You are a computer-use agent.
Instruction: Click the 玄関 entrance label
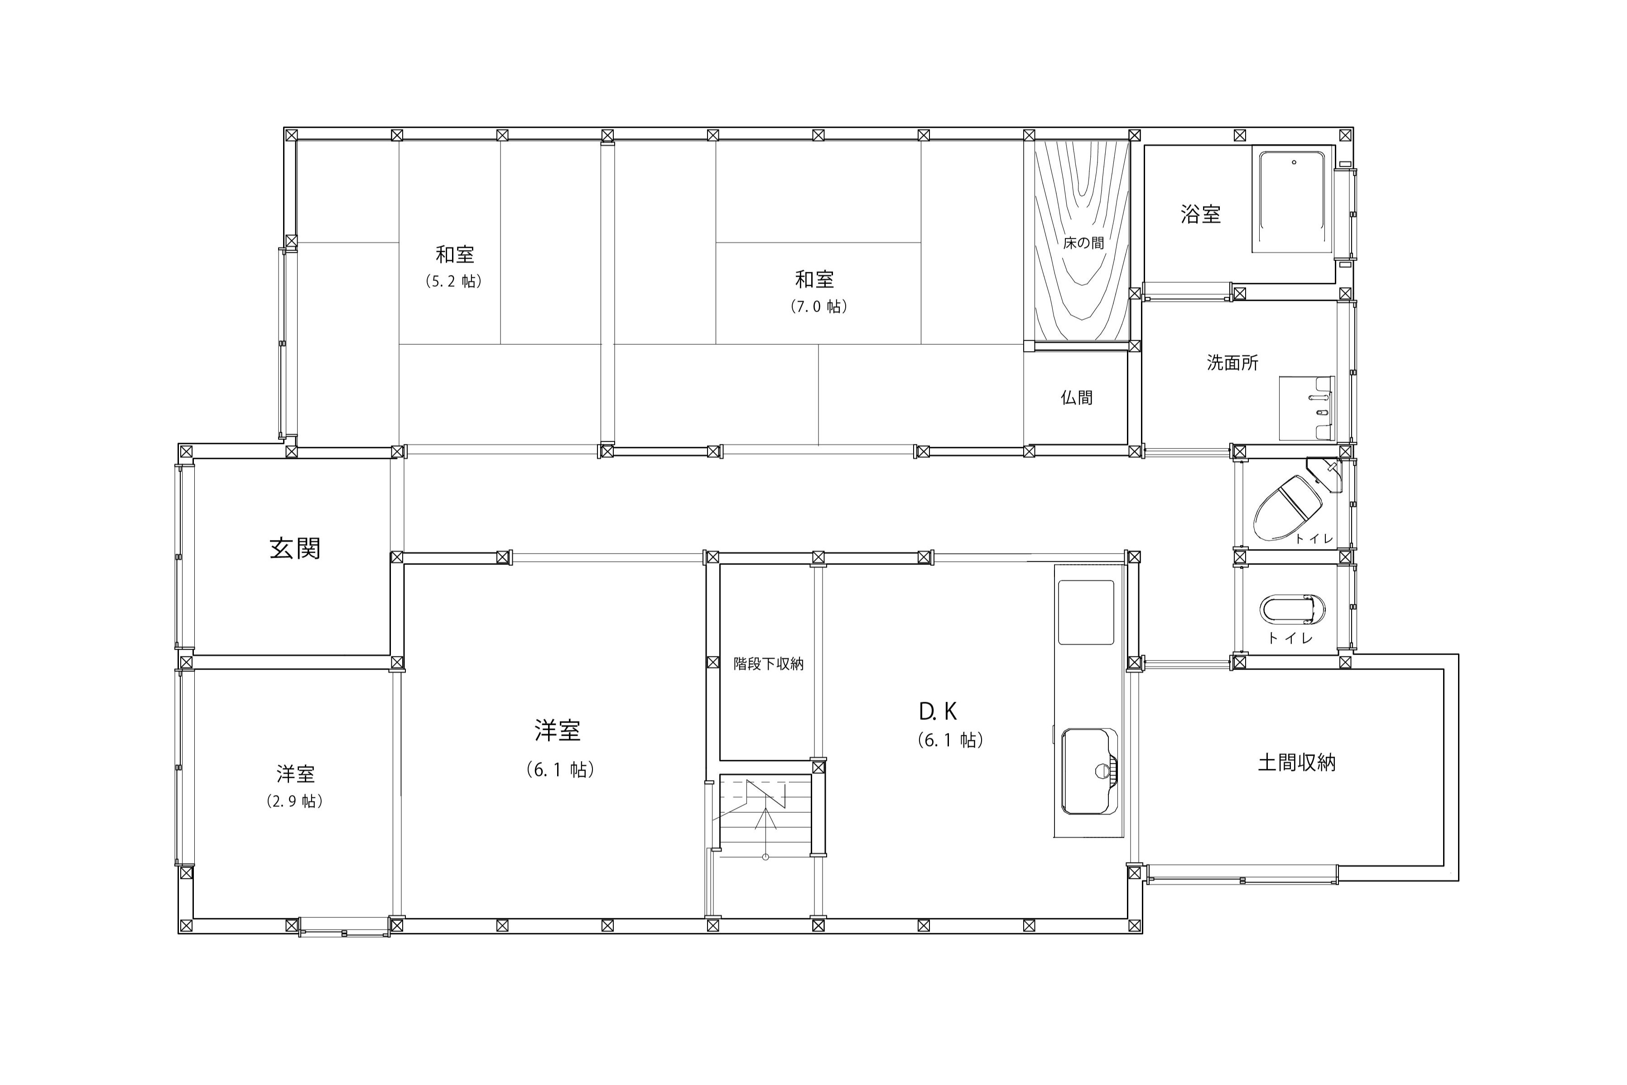[295, 549]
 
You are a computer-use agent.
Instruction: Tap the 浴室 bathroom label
[1200, 214]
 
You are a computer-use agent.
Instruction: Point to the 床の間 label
[1083, 243]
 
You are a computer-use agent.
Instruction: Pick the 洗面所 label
[1232, 362]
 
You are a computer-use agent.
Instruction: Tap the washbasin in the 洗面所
[1306, 408]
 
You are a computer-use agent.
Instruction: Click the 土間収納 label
[1296, 762]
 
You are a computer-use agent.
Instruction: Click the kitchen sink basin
[1089, 771]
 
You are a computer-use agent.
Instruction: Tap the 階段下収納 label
[769, 664]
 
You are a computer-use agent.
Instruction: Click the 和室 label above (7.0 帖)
[814, 280]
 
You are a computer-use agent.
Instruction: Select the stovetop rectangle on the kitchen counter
[1086, 612]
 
